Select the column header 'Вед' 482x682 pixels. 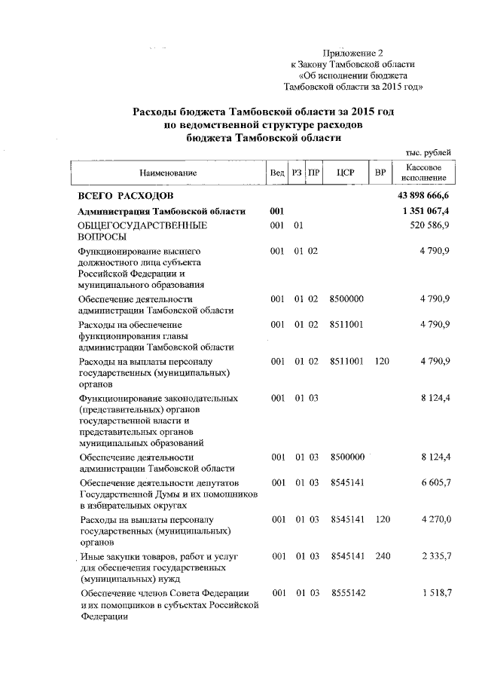pyautogui.click(x=276, y=173)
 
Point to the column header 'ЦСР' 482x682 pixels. pyautogui.click(x=346, y=173)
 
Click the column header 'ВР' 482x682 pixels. pyautogui.click(x=381, y=173)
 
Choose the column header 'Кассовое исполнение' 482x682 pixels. pyautogui.click(x=423, y=173)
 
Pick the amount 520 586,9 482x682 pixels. pyautogui.click(x=430, y=225)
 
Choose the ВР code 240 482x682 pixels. pyautogui.click(x=381, y=556)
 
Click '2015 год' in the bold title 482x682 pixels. pyautogui.click(x=368, y=111)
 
